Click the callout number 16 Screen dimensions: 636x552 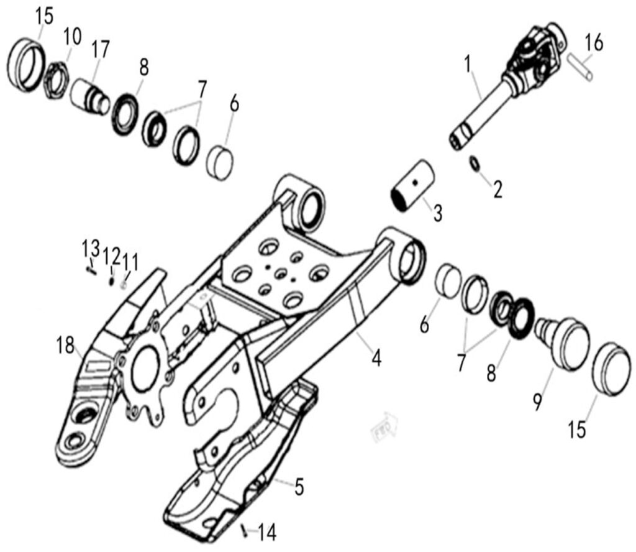coord(594,43)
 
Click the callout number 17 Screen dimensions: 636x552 coord(100,50)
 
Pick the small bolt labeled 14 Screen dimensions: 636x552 coord(245,530)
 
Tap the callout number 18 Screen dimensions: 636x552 coord(66,346)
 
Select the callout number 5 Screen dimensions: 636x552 coord(299,487)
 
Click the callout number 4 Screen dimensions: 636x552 coord(377,358)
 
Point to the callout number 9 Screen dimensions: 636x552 coord(537,402)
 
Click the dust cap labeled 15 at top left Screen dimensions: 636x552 coord(26,64)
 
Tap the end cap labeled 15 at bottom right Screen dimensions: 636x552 coord(612,370)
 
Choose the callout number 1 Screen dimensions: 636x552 coord(468,65)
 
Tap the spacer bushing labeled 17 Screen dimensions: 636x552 coord(90,96)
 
